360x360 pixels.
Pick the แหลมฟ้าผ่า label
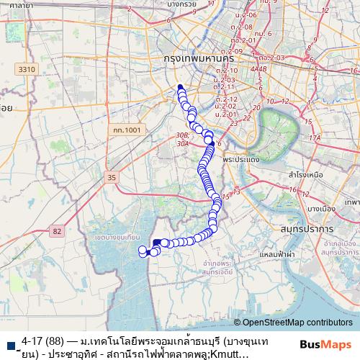279,254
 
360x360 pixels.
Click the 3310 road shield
27,68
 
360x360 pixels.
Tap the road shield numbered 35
110,176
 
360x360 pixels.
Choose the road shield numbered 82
57,231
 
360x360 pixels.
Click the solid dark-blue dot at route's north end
180,89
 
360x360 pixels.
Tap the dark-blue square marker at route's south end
157,243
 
